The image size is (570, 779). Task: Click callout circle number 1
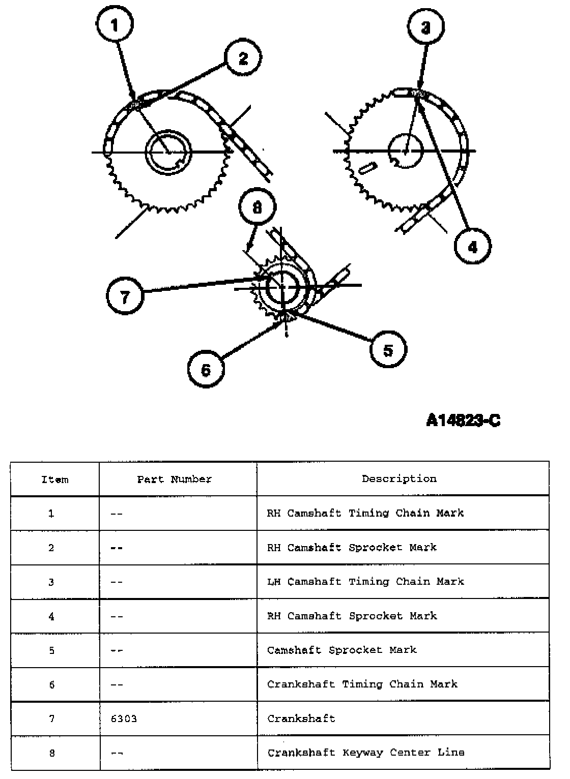[115, 24]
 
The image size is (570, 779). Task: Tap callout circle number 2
[243, 58]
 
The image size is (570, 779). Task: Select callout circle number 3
[426, 27]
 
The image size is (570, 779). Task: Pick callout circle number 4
[473, 247]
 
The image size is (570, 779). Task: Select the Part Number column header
[175, 479]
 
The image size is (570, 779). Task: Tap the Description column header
[399, 478]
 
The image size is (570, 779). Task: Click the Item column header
[54, 479]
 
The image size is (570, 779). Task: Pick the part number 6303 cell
[124, 718]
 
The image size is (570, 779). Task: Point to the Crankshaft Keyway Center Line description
[366, 753]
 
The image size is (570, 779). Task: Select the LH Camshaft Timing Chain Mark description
[365, 581]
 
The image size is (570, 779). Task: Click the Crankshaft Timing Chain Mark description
[362, 684]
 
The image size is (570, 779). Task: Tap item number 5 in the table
[51, 650]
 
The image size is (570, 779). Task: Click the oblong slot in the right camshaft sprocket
[367, 168]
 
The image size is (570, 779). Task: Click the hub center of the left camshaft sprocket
[168, 151]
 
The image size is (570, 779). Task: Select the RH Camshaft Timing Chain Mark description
[365, 513]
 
